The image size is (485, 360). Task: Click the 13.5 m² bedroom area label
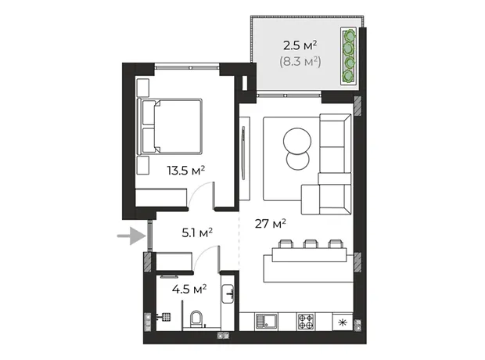point(186,171)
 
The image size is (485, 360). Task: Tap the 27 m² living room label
point(271,224)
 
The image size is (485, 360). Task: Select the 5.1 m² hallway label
point(197,232)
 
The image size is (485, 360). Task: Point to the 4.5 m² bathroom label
point(189,290)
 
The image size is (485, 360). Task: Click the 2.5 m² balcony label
point(300,46)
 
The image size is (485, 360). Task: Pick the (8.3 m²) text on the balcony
point(300,62)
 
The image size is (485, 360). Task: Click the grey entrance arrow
point(131,236)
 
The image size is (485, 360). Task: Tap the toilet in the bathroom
point(196,319)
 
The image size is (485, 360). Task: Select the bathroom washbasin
point(228,294)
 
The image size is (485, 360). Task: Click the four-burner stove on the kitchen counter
point(306,322)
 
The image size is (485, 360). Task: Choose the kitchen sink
point(266,322)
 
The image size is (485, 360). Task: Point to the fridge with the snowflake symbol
point(343,322)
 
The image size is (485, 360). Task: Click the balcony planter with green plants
point(349,56)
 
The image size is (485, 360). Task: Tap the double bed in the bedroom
point(171,127)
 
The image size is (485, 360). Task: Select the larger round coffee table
point(297,142)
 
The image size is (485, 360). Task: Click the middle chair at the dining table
point(311,243)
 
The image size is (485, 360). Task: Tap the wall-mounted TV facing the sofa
point(243,153)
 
